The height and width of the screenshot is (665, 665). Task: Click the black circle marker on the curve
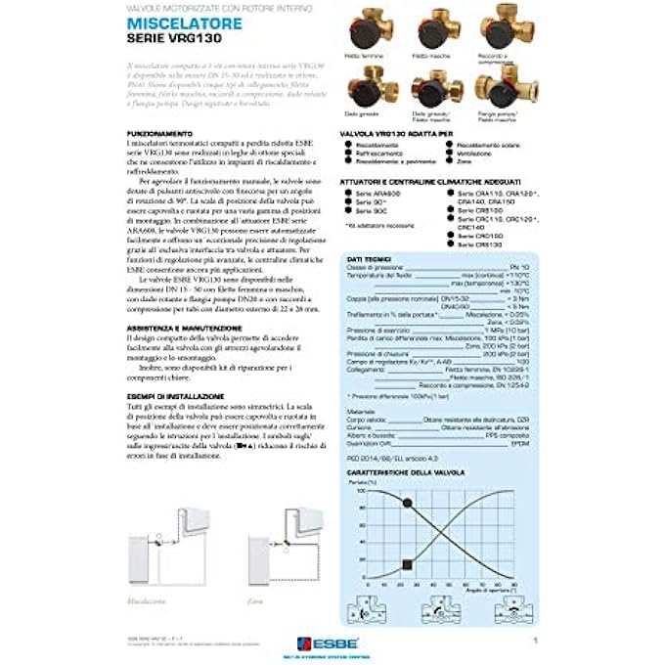pyautogui.click(x=407, y=503)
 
